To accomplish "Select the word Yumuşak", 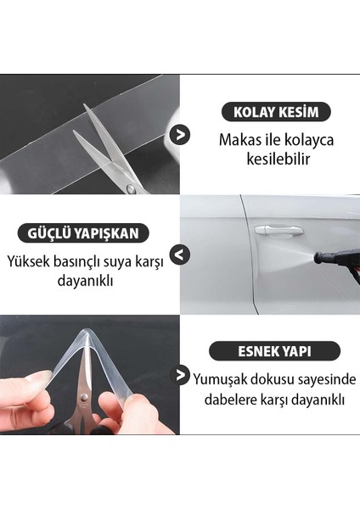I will click(x=222, y=378).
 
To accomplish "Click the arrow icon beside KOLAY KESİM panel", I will click(x=180, y=134).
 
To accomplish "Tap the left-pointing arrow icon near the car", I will click(x=180, y=255).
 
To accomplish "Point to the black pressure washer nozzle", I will click(x=336, y=257).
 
